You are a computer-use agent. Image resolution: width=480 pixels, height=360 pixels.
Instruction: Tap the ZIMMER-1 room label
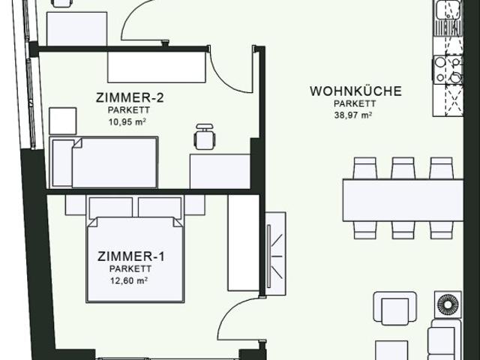[131, 256]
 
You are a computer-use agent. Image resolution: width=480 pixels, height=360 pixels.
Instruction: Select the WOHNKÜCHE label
[355, 91]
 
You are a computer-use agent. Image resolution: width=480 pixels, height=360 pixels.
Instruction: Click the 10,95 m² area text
[126, 121]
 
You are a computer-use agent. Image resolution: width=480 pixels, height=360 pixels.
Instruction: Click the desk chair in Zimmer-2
[203, 136]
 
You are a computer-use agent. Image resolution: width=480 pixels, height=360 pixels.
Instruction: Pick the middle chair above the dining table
[403, 167]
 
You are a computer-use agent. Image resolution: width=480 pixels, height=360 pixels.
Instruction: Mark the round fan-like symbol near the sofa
[448, 307]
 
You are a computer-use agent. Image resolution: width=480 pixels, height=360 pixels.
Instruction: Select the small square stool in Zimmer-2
[63, 121]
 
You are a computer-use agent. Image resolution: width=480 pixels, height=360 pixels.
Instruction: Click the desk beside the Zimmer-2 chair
[219, 170]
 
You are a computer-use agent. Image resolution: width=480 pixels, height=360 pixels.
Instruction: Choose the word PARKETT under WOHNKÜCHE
[355, 104]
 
